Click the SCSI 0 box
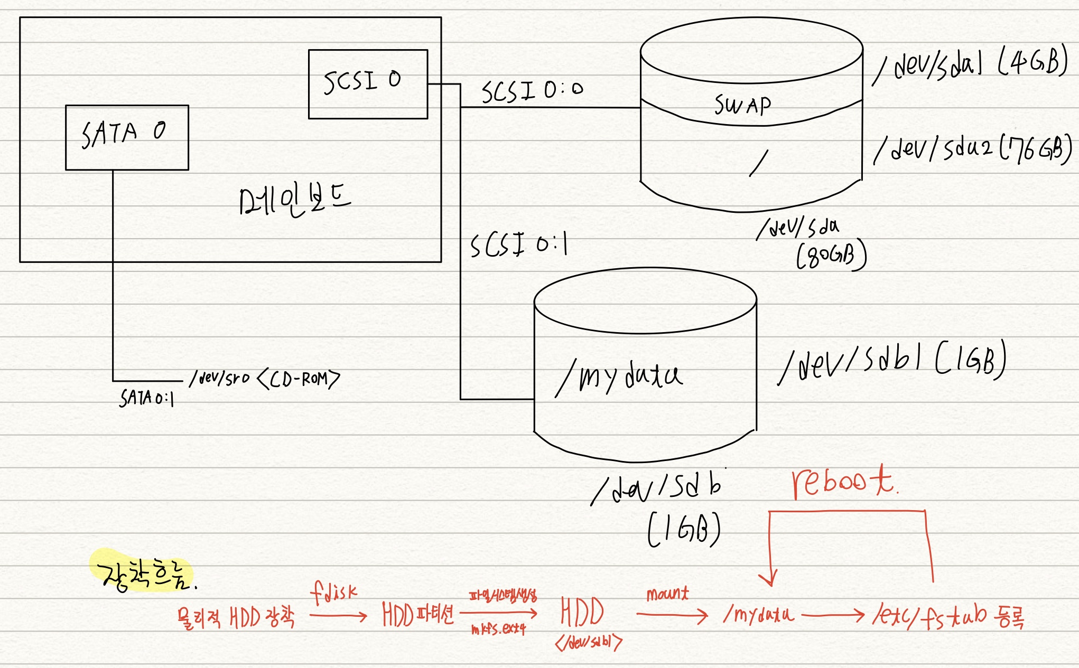368,84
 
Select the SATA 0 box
127,137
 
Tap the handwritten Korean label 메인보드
294,199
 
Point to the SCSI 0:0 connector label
532,91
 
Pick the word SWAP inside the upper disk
742,105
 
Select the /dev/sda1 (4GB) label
970,65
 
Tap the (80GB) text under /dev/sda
831,256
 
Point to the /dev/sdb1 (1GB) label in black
892,362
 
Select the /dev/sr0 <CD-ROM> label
265,379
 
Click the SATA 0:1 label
146,398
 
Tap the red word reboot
843,482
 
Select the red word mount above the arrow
667,594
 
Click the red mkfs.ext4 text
498,629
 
